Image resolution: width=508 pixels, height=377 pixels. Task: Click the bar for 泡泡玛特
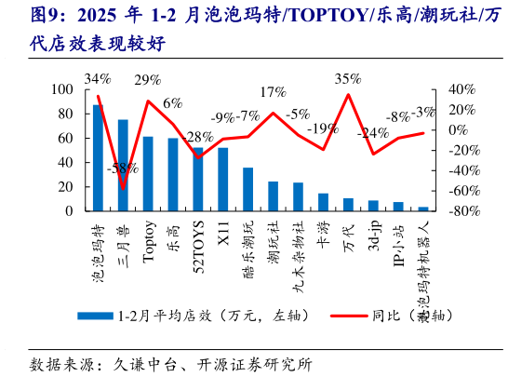coord(98,158)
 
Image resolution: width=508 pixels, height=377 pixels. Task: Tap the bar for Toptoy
coord(148,174)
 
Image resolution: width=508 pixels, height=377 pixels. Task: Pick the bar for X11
coord(223,180)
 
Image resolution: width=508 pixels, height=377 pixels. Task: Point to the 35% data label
coord(348,79)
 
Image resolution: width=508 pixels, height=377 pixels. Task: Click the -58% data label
coord(123,169)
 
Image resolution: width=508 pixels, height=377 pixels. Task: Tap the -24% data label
coord(373,133)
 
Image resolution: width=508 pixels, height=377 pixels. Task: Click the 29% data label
coord(147,80)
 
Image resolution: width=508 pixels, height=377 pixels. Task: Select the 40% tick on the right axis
coord(462,89)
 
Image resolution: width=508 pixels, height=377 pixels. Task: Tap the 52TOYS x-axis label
coord(198,244)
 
